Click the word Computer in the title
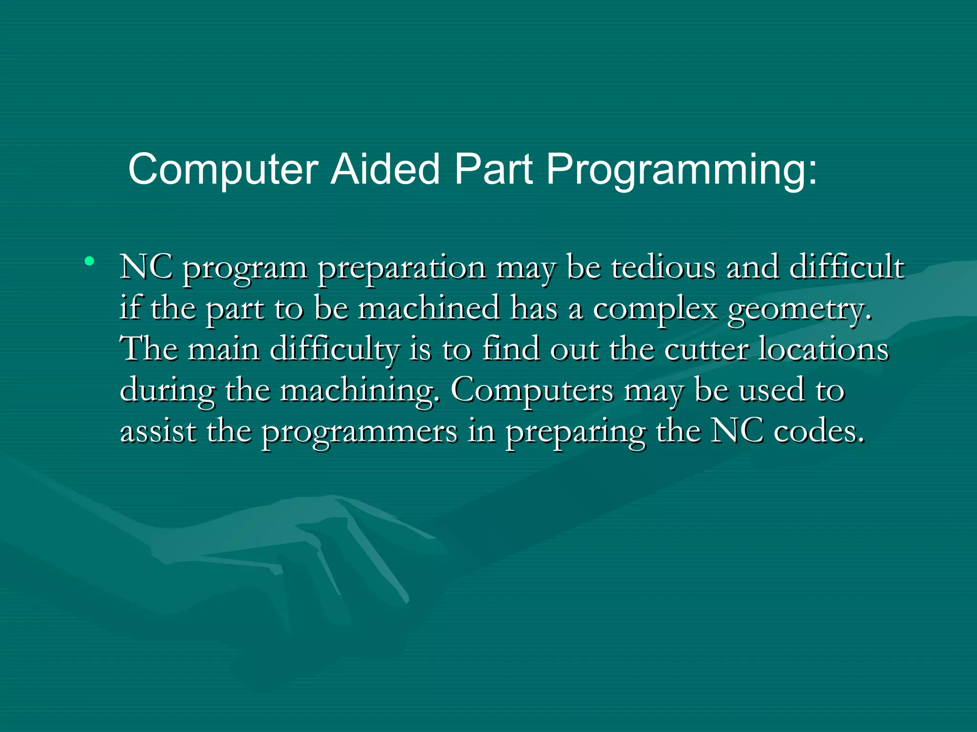point(223,170)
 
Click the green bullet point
point(89,261)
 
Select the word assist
point(158,431)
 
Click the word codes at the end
point(819,431)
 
